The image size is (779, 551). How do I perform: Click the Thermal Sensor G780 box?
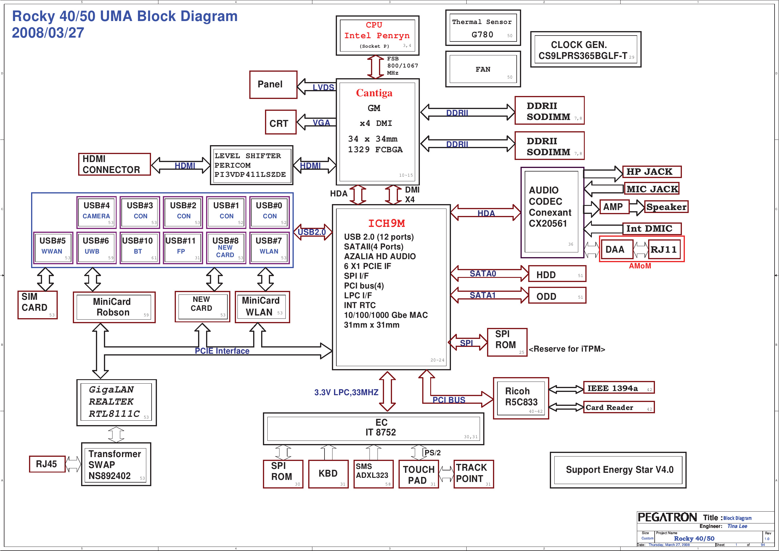tap(482, 28)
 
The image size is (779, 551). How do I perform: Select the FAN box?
tap(482, 69)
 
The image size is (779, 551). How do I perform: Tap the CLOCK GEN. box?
tap(585, 50)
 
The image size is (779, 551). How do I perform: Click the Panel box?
tap(273, 84)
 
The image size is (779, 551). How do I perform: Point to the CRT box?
tap(281, 122)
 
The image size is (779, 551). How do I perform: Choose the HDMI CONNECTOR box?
tap(114, 164)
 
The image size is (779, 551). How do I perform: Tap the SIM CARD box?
tap(37, 305)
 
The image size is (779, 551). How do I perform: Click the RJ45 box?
tap(47, 464)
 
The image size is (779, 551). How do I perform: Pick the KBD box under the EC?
tap(328, 474)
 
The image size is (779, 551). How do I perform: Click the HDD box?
tap(557, 274)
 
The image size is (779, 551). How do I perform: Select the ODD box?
tap(557, 296)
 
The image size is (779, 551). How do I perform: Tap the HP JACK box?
tap(651, 172)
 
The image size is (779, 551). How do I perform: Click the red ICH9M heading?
tap(386, 223)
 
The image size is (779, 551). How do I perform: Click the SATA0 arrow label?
tap(482, 274)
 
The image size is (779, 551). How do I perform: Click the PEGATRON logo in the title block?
tap(667, 518)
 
